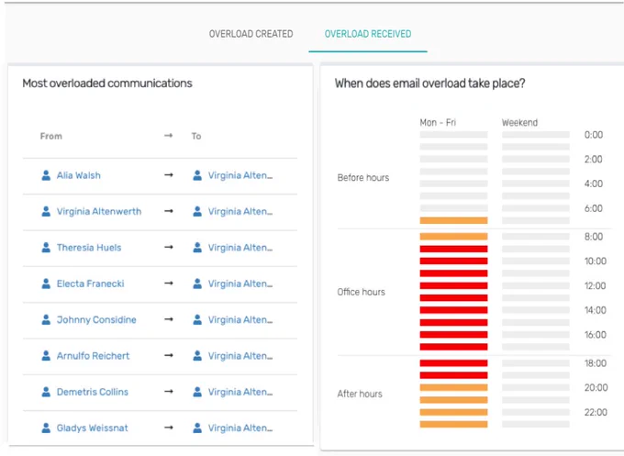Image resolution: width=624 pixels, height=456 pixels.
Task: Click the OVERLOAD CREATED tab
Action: tap(251, 34)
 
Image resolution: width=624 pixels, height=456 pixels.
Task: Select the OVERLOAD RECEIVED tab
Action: tap(368, 34)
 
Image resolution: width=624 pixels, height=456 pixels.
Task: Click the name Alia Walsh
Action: tap(78, 175)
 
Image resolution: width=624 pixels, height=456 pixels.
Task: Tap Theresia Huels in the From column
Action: tap(89, 248)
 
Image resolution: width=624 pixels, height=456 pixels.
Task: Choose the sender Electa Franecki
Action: tap(90, 284)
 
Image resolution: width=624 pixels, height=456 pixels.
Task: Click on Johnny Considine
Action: tap(96, 320)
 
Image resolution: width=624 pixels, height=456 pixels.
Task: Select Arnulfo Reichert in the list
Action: tap(93, 356)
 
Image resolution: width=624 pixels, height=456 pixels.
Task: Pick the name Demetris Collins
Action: tap(93, 392)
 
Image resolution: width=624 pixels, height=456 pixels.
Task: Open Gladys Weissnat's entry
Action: tap(93, 428)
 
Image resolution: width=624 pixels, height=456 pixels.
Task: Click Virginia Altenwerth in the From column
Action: tap(99, 211)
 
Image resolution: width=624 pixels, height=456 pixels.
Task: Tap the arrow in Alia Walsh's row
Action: tap(169, 175)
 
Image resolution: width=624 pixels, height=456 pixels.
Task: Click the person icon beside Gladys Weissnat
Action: tap(46, 428)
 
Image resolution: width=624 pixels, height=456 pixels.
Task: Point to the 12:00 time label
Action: tap(595, 285)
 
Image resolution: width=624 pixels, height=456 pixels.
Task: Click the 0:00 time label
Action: tap(594, 135)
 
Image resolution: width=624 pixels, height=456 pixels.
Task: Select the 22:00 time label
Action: tap(596, 412)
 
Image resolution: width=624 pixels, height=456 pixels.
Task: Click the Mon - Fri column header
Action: tap(438, 123)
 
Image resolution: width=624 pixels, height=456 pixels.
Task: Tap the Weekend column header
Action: tap(519, 123)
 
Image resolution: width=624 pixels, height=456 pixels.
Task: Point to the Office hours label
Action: tap(361, 292)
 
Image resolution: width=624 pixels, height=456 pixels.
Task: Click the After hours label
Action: tap(360, 394)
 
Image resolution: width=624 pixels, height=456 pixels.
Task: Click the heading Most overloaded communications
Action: tap(107, 83)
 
